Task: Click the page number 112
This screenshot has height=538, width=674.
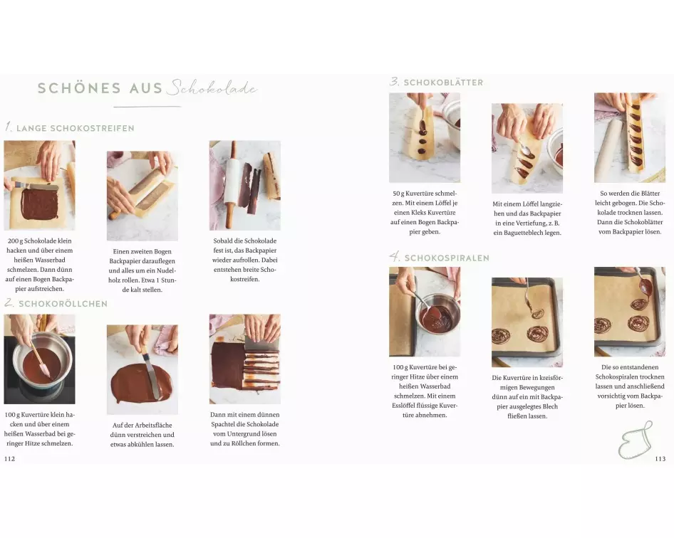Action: click(9, 458)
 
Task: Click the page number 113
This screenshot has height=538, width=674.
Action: click(660, 458)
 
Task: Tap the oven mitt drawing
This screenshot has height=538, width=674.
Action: click(636, 440)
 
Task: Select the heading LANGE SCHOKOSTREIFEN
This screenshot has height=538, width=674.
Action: click(76, 128)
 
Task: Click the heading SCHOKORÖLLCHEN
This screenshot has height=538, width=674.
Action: click(63, 304)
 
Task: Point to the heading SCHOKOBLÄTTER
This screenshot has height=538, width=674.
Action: click(443, 83)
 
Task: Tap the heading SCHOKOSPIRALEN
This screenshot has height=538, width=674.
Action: click(447, 258)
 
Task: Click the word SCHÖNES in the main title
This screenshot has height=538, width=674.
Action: click(79, 88)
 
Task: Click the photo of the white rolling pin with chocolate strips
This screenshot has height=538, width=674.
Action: click(245, 185)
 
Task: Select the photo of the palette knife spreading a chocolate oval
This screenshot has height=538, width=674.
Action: click(142, 369)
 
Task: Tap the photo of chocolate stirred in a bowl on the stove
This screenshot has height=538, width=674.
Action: click(40, 359)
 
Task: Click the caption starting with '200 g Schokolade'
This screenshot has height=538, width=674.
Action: click(40, 265)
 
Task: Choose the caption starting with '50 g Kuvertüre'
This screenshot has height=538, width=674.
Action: click(425, 213)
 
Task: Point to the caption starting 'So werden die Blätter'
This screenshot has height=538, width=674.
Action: click(630, 213)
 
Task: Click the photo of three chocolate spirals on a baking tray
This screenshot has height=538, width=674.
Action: click(630, 312)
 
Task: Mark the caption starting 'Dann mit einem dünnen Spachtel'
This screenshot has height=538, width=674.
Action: click(245, 429)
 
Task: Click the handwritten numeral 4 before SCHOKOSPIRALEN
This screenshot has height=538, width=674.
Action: click(395, 257)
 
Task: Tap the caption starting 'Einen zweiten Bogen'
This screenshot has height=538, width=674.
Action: click(142, 270)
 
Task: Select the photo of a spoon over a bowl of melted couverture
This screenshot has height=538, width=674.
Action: click(425, 312)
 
